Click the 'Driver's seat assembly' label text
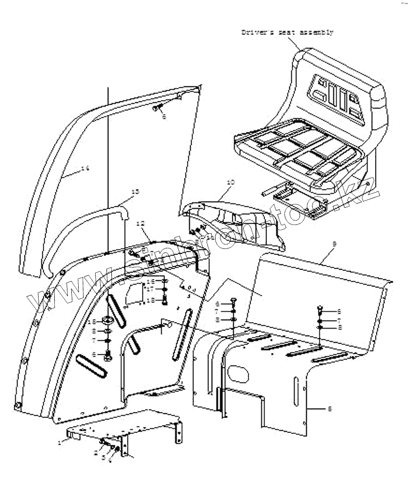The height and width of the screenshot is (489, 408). click(287, 32)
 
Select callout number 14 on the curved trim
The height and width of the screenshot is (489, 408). click(85, 168)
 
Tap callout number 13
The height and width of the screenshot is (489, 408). click(135, 192)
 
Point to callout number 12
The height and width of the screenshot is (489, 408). click(141, 223)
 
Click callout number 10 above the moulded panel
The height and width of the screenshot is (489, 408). click(230, 182)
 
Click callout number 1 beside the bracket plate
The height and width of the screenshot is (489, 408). click(60, 442)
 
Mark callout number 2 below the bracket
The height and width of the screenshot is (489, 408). click(96, 453)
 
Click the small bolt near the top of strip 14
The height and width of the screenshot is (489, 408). click(158, 109)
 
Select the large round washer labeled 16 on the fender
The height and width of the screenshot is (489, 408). click(107, 321)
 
